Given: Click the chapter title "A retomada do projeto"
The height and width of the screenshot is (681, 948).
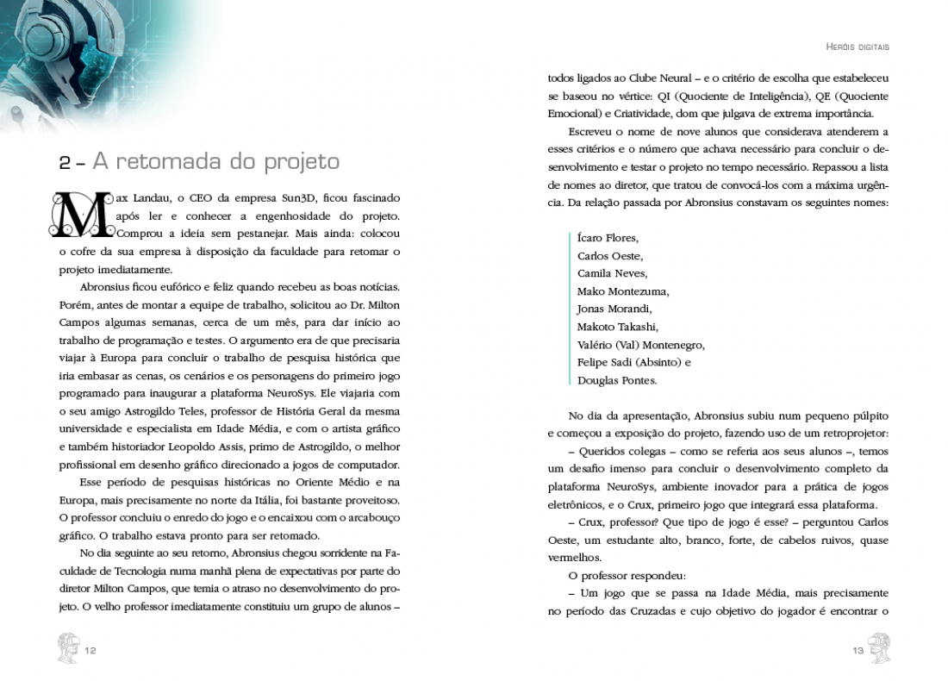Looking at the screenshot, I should [x=215, y=161].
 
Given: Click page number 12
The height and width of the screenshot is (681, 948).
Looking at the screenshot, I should [x=90, y=650].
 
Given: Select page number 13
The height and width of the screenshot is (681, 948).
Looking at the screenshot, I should [x=858, y=650].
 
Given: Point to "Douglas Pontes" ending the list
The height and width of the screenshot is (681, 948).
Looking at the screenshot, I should [x=617, y=380].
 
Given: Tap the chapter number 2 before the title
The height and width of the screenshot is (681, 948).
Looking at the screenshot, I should [x=65, y=162].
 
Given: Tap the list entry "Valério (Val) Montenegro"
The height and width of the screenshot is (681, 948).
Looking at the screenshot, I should [x=641, y=345].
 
